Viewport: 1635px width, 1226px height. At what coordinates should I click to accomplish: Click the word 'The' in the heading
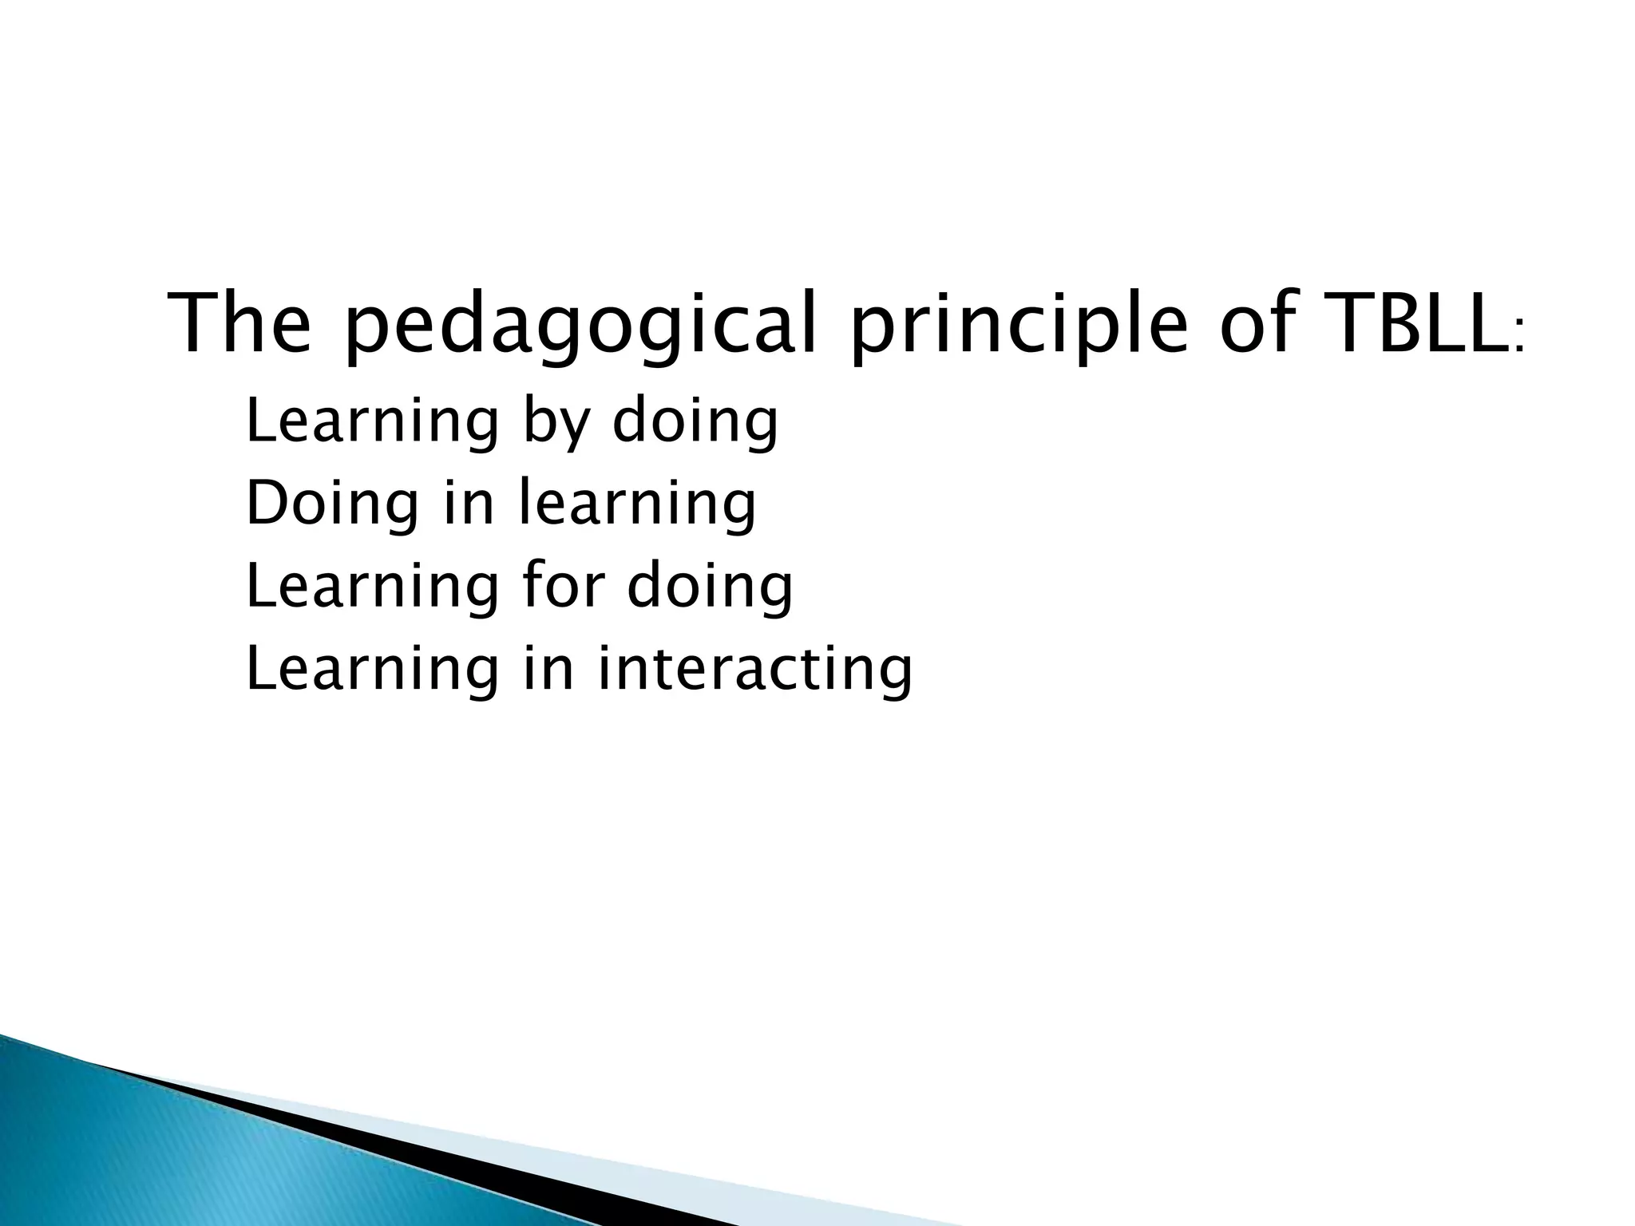click(240, 323)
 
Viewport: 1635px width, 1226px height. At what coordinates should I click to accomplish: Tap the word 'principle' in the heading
click(1018, 327)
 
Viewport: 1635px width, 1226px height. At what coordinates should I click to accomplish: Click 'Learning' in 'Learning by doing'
click(372, 423)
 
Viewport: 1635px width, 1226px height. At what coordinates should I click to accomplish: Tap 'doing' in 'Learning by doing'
click(695, 423)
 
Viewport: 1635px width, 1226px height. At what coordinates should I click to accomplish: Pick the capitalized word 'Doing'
click(331, 504)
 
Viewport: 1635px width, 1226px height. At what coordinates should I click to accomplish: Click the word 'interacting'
click(754, 670)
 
